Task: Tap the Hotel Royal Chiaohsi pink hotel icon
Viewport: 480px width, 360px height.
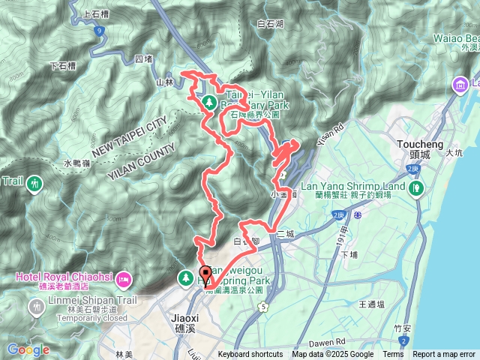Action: pyautogui.click(x=124, y=280)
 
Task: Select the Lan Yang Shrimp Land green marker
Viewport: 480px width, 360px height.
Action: pyautogui.click(x=417, y=188)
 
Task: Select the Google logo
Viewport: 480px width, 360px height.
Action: pyautogui.click(x=28, y=349)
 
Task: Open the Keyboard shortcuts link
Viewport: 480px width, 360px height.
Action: pyautogui.click(x=250, y=355)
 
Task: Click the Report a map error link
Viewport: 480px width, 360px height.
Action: pyautogui.click(x=443, y=355)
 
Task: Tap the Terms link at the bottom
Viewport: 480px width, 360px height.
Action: pyautogui.click(x=393, y=355)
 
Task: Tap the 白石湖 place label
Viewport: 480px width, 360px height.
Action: pyautogui.click(x=270, y=24)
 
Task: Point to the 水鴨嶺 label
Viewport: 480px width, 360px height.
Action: pyautogui.click(x=76, y=163)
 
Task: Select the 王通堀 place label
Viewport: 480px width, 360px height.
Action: pyautogui.click(x=371, y=304)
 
